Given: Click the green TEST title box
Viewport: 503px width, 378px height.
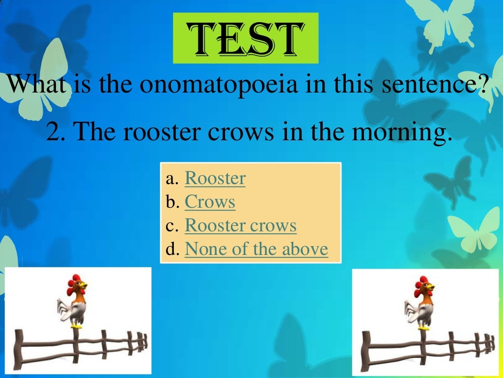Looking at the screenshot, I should (246, 38).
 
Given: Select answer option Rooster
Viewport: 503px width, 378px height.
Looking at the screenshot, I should (215, 178).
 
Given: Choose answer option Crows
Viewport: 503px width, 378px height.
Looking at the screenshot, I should (210, 202).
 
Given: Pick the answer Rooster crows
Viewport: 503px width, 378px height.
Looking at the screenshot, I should (240, 225).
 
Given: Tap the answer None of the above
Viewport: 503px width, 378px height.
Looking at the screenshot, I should (256, 249).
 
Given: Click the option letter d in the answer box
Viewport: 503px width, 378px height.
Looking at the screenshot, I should (171, 250).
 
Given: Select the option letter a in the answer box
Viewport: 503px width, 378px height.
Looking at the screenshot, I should (171, 179).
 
